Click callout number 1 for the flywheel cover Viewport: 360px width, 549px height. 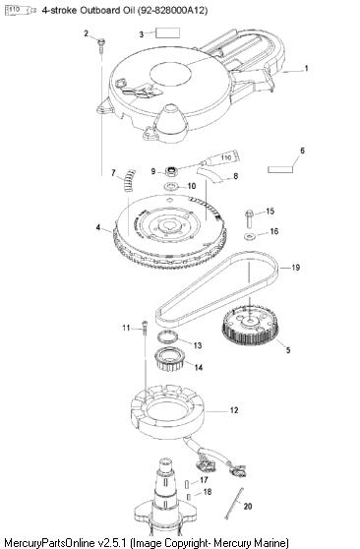(x=307, y=68)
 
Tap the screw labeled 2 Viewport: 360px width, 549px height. (x=101, y=45)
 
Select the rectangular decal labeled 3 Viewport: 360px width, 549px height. (x=168, y=32)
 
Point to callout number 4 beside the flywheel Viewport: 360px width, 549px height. (x=98, y=227)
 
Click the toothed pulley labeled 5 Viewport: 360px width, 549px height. (x=250, y=326)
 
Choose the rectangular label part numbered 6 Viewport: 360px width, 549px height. (x=279, y=169)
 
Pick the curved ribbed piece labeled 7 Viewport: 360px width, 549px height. (x=129, y=180)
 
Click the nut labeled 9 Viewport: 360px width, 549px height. (x=171, y=171)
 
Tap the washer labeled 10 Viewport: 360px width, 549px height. (x=171, y=185)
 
